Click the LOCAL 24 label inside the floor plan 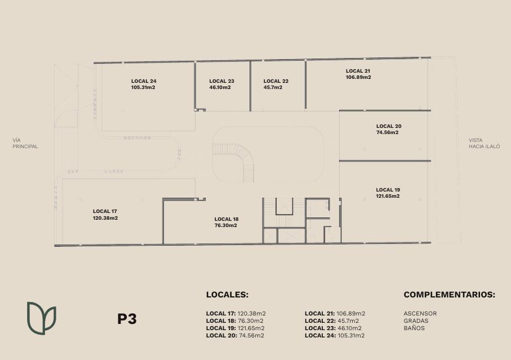pyautogui.click(x=144, y=81)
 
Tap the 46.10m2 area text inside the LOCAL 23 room pyautogui.click(x=220, y=87)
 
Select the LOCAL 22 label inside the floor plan pyautogui.click(x=276, y=81)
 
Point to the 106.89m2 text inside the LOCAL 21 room pyautogui.click(x=358, y=77)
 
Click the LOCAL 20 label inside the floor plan pyautogui.click(x=389, y=126)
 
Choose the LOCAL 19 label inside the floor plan pyautogui.click(x=388, y=190)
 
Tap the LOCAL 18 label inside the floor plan pyautogui.click(x=226, y=219)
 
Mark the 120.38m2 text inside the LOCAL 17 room pyautogui.click(x=105, y=218)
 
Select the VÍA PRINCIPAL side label pyautogui.click(x=25, y=143)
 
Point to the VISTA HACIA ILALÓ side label pyautogui.click(x=485, y=143)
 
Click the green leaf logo pyautogui.click(x=41, y=318)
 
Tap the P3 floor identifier pyautogui.click(x=127, y=319)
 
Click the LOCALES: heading pyautogui.click(x=227, y=295)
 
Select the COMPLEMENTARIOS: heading pyautogui.click(x=450, y=295)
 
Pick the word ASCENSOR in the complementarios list pyautogui.click(x=420, y=313)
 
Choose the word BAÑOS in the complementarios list pyautogui.click(x=414, y=328)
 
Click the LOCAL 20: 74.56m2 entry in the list pyautogui.click(x=235, y=336)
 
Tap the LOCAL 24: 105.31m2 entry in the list pyautogui.click(x=335, y=336)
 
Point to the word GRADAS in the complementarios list pyautogui.click(x=416, y=321)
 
